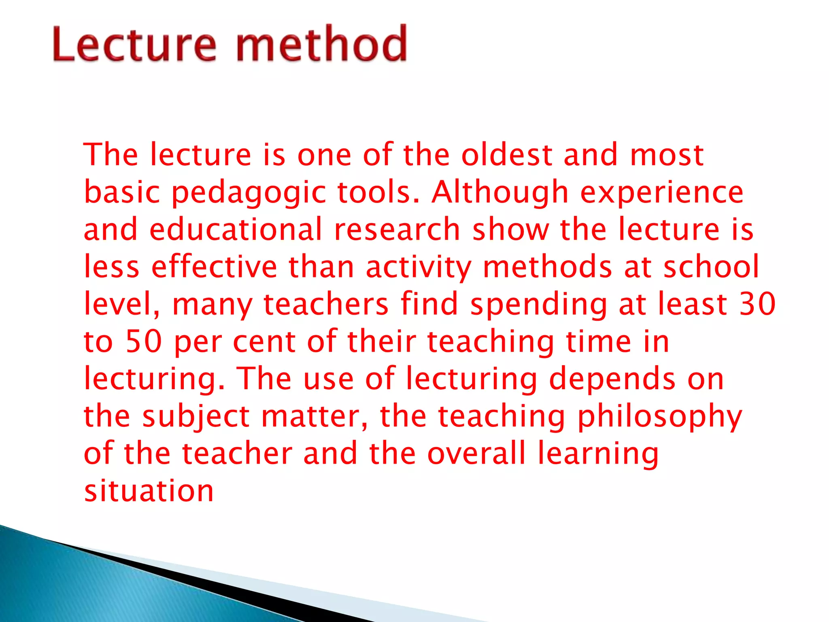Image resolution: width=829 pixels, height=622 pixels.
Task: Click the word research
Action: pos(397,230)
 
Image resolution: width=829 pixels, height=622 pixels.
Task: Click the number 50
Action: pos(144,341)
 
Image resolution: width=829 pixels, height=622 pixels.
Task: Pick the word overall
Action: pos(476,453)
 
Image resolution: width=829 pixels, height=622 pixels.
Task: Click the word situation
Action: pos(149,491)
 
